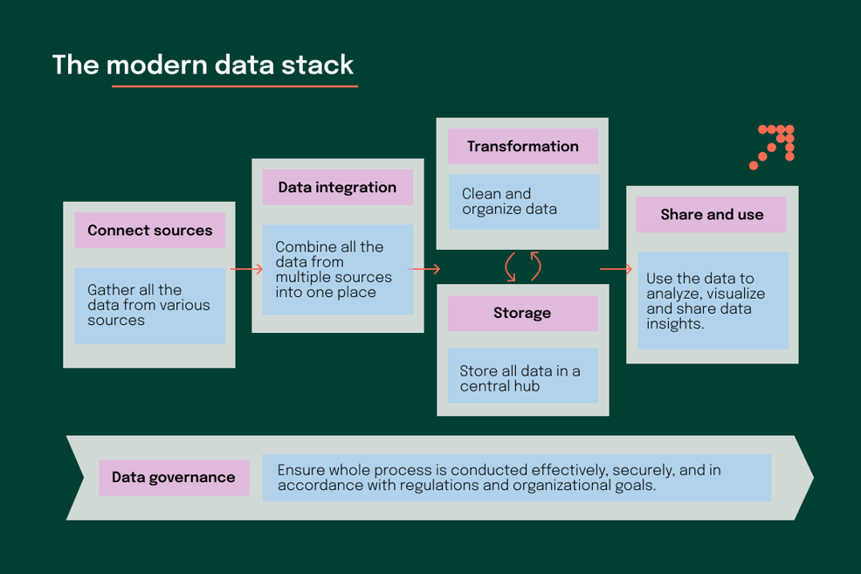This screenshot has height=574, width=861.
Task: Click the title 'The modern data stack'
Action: (x=203, y=66)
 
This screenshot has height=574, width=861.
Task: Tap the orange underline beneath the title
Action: (x=234, y=86)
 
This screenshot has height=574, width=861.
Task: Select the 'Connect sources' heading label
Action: (x=149, y=231)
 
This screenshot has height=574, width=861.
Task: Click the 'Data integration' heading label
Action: (x=337, y=188)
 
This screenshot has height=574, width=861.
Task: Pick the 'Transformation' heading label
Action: (x=522, y=147)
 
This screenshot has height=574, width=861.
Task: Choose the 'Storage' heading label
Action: (x=522, y=313)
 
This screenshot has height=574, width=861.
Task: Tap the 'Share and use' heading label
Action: (x=711, y=215)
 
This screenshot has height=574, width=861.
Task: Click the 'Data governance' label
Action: (x=173, y=477)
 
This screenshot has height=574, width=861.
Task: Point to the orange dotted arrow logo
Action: (x=773, y=146)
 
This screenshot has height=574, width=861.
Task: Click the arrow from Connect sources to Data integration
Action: (x=246, y=269)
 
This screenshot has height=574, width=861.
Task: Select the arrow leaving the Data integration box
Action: (x=424, y=269)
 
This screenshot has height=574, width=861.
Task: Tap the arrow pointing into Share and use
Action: (x=616, y=269)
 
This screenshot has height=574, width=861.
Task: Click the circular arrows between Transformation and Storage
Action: (x=522, y=266)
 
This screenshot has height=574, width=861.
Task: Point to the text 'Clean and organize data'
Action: (x=508, y=202)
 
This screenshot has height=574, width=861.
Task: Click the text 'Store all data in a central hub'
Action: (x=520, y=378)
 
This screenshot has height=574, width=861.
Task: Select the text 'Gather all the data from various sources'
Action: (x=148, y=305)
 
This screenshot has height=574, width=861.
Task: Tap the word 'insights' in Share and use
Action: (x=675, y=323)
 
